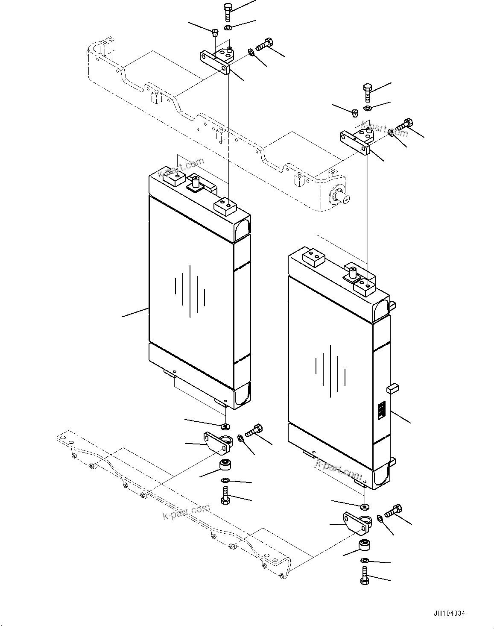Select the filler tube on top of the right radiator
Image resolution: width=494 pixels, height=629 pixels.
(x=353, y=272)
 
